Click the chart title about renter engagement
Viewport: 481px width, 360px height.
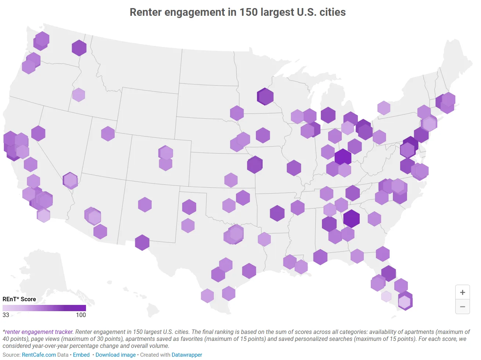(x=237, y=12)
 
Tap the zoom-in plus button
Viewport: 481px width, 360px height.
(x=462, y=292)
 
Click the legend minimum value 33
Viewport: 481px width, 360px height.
(x=6, y=315)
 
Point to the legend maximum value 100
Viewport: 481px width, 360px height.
(x=81, y=315)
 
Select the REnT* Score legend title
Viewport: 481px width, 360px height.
(x=19, y=299)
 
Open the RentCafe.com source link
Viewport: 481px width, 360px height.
(x=39, y=355)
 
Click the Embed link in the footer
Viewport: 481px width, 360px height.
(x=81, y=355)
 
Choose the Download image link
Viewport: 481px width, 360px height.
(x=115, y=355)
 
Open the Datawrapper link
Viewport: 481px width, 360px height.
(x=187, y=355)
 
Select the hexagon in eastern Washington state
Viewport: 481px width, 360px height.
(x=79, y=48)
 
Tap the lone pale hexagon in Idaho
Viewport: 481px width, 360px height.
(x=79, y=95)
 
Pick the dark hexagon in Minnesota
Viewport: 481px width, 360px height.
(x=265, y=97)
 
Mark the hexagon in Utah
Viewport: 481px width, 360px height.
(x=108, y=134)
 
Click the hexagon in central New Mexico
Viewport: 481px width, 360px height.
(x=145, y=205)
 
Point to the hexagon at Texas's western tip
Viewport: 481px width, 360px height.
(x=142, y=243)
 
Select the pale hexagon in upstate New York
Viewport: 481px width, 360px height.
(x=384, y=108)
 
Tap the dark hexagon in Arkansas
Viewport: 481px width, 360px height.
(x=277, y=213)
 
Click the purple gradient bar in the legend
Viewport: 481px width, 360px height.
(x=44, y=308)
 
